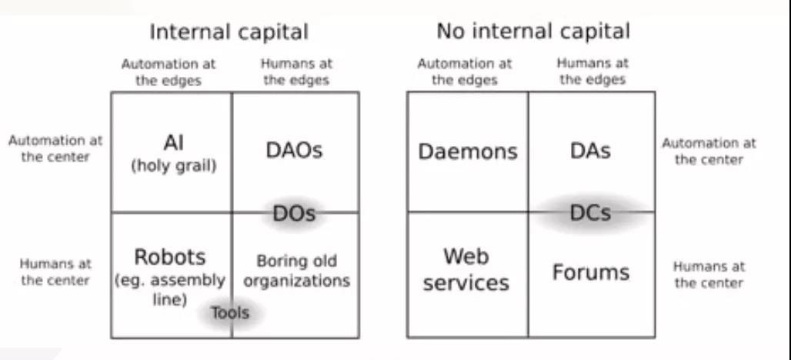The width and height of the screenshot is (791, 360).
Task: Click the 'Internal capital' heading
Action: pos(229,32)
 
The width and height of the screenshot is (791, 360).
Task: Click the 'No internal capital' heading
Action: pos(532,32)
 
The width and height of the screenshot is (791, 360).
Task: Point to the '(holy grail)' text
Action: pos(172,165)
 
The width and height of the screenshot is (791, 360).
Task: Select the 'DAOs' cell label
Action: pos(294,150)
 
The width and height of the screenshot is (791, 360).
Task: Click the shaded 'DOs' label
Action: pos(295,214)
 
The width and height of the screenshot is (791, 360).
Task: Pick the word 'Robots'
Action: pos(170,257)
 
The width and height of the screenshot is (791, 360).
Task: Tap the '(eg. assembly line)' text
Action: pos(170,289)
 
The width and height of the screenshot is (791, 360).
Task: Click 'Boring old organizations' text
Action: pos(297,271)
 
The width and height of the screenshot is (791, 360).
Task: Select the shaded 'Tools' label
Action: pos(230,313)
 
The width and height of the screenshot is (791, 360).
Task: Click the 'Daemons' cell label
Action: pos(468,152)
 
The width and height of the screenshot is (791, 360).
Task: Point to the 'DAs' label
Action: pos(591,151)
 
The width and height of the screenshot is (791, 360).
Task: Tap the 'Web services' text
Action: pos(466,269)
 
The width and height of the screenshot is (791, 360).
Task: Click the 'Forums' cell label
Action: pos(591,272)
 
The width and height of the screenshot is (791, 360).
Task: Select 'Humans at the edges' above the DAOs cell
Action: pos(296,72)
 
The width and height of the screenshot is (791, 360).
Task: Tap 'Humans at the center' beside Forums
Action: pos(709,275)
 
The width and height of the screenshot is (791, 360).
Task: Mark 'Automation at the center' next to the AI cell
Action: pos(55,149)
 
